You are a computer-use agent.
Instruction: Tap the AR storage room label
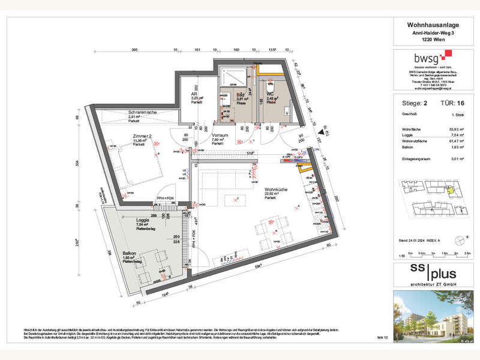194,94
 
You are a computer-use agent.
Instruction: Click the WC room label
270,95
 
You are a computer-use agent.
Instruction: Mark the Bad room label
239,95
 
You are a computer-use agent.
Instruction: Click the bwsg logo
427,58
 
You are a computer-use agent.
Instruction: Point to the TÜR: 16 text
450,104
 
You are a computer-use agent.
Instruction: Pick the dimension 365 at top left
135,50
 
